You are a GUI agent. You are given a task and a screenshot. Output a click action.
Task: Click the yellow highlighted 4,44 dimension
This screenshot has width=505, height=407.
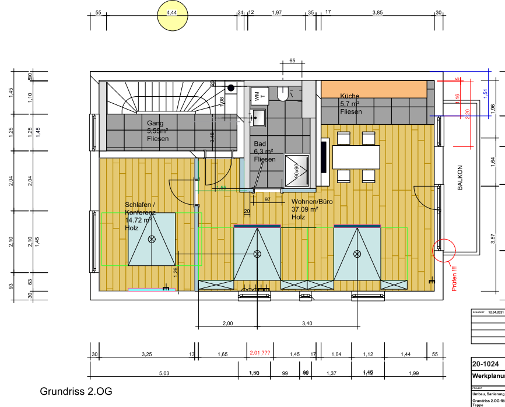pyautogui.click(x=171, y=13)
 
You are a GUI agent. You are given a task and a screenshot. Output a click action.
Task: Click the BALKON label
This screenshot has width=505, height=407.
pyautogui.click(x=460, y=178)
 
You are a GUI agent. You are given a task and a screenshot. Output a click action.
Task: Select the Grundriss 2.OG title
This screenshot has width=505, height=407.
pyautogui.click(x=75, y=391)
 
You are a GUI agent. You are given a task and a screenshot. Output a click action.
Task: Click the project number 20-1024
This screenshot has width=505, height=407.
pyautogui.click(x=485, y=363)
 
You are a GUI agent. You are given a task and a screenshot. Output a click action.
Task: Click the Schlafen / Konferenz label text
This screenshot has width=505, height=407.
pyautogui.click(x=140, y=212)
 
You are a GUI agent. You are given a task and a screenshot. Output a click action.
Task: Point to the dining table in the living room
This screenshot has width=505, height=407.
pyautogui.click(x=356, y=156)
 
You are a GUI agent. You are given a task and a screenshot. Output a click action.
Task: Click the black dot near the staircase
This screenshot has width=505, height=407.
pyautogui.click(x=231, y=88)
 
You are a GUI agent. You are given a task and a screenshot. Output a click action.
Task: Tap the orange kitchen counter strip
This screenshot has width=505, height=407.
pyautogui.click(x=374, y=89)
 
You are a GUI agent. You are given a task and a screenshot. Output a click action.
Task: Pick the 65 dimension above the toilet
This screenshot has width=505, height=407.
pyautogui.click(x=292, y=60)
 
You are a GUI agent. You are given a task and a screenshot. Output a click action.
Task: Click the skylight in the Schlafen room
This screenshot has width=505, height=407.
pyautogui.click(x=152, y=239)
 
